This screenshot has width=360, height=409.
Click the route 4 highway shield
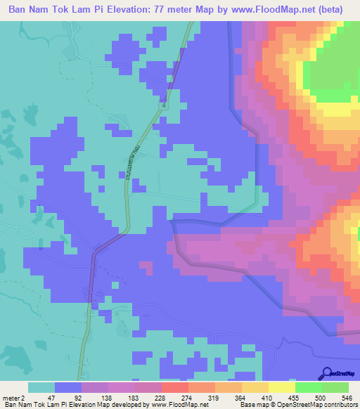click(x=163, y=105)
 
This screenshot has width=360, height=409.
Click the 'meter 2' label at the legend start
click(x=14, y=397)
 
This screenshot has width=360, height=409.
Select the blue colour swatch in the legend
click(x=68, y=387)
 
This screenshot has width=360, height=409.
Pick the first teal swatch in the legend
click(x=41, y=387)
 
